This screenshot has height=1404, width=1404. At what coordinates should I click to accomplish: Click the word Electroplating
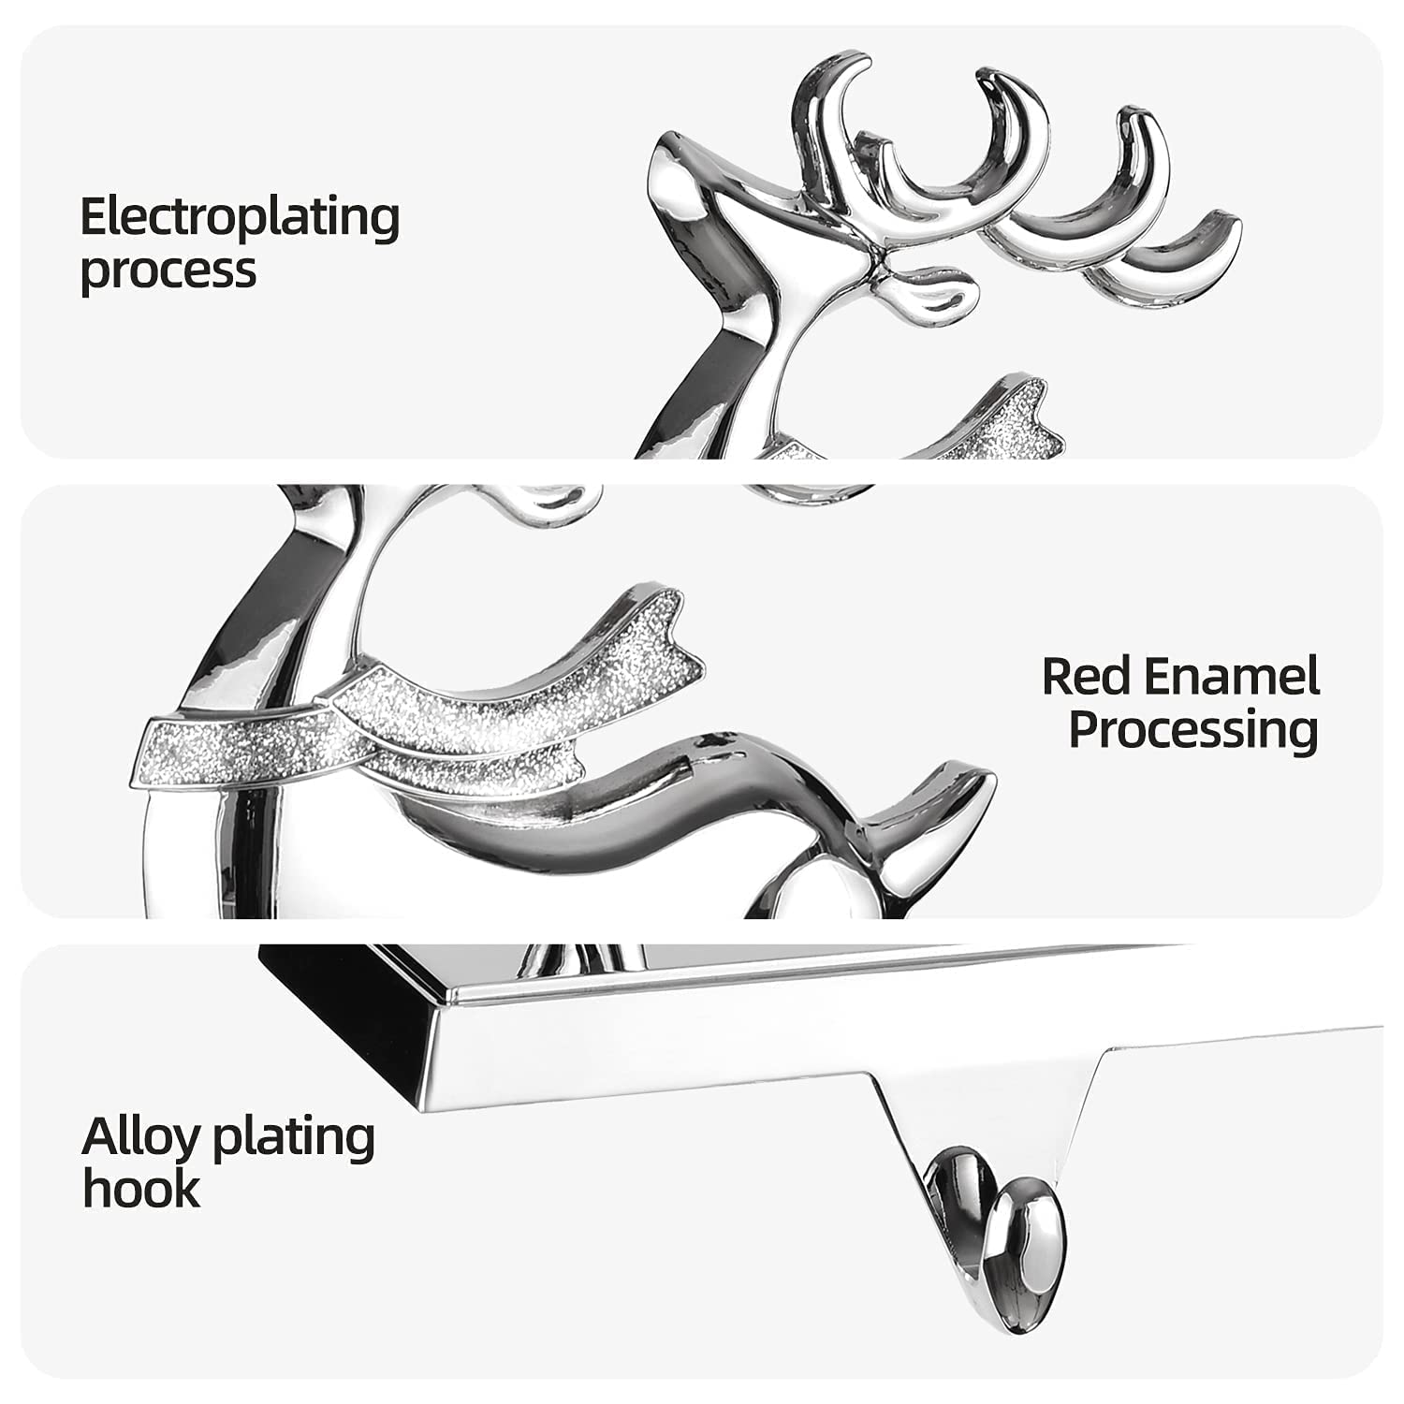point(240,217)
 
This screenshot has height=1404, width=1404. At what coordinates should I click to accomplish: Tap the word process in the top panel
point(168,271)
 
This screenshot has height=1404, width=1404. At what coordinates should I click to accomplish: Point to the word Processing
point(1193,730)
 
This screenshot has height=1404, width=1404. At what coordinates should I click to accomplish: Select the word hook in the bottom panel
point(140,1189)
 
